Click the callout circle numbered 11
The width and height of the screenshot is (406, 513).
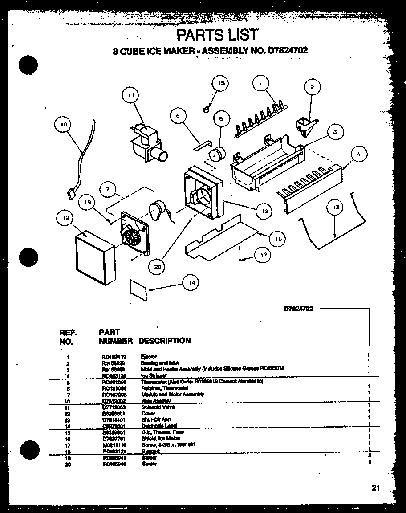tap(130, 94)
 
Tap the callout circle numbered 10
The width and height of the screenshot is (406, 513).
tap(64, 125)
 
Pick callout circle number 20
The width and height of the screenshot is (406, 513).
tap(157, 267)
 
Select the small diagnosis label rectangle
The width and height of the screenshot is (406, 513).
tap(138, 288)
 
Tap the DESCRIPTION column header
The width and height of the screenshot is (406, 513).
tap(164, 341)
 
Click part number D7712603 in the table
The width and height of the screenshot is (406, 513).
tap(114, 407)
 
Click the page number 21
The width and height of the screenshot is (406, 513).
tap(376, 488)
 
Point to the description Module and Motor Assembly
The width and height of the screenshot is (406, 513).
tap(172, 394)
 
